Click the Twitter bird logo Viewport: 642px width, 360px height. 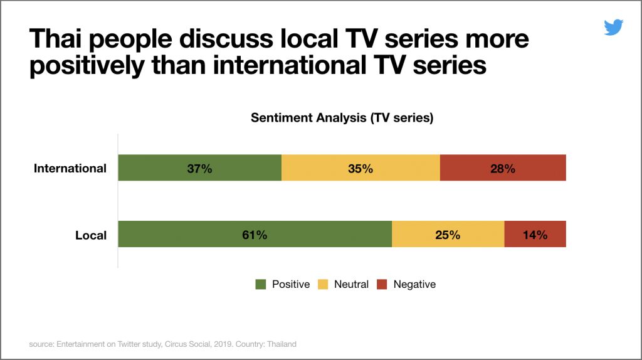click(x=613, y=28)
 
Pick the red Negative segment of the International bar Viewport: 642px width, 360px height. click(x=539, y=168)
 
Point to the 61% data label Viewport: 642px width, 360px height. click(x=255, y=235)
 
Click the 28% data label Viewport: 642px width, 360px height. click(x=503, y=169)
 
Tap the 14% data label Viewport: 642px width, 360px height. click(x=535, y=235)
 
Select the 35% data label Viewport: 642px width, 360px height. click(x=360, y=169)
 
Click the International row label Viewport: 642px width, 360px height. click(x=70, y=169)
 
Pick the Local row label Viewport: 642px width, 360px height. click(x=91, y=236)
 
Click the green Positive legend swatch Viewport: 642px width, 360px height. click(x=261, y=284)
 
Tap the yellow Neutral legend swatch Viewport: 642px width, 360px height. click(x=323, y=284)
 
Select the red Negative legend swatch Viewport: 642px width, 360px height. click(x=382, y=284)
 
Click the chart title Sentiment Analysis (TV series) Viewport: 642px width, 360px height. click(x=342, y=118)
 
